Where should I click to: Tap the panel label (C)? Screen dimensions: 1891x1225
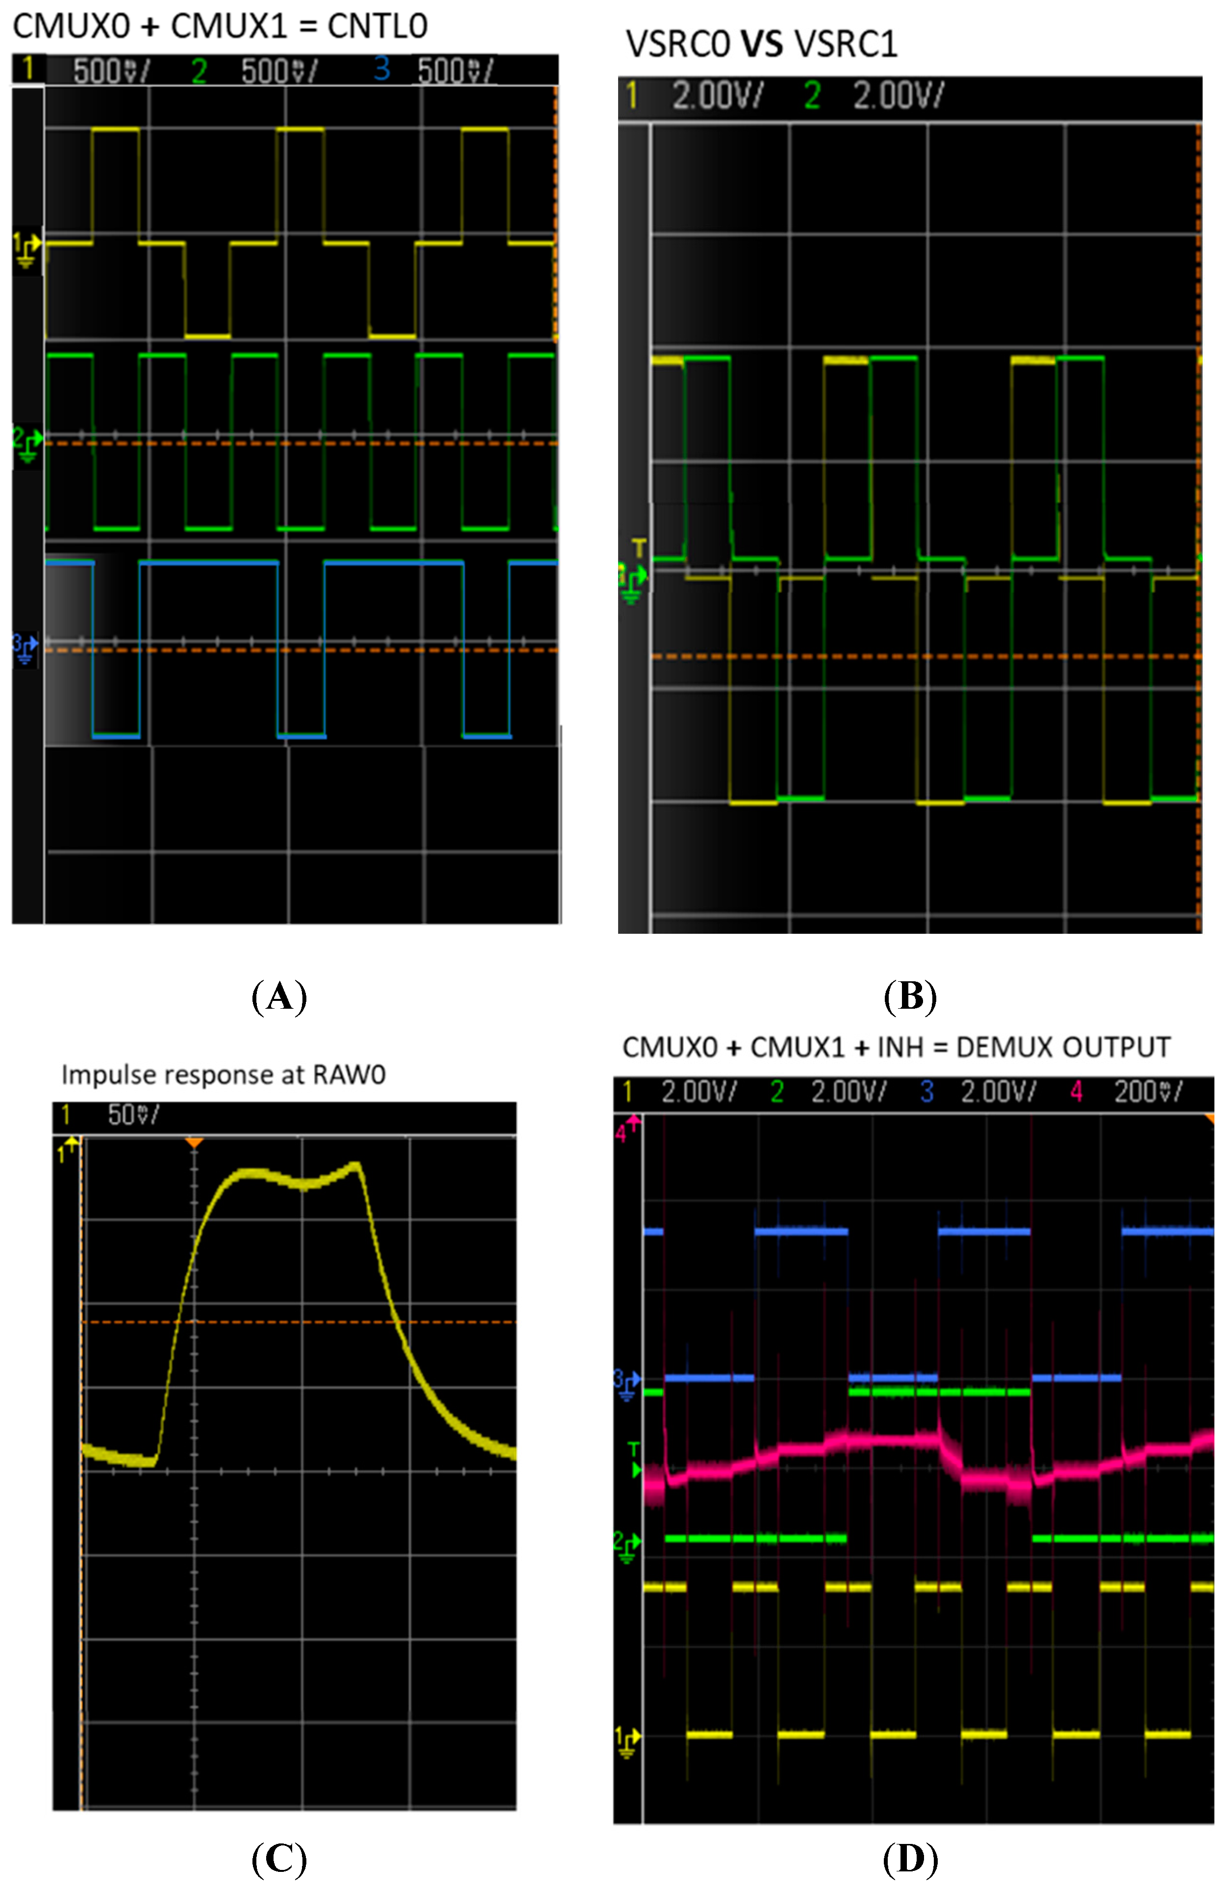(279, 1859)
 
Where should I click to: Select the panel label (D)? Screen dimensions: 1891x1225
(910, 1859)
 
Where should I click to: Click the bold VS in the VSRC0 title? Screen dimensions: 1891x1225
(761, 45)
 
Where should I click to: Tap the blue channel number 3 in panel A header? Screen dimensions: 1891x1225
(381, 70)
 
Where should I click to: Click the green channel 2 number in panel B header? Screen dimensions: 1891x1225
(812, 96)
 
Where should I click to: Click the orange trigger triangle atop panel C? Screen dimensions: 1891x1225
(195, 1142)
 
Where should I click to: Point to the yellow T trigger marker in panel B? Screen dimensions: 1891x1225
(639, 547)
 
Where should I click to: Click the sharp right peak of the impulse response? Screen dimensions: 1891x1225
(357, 1165)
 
